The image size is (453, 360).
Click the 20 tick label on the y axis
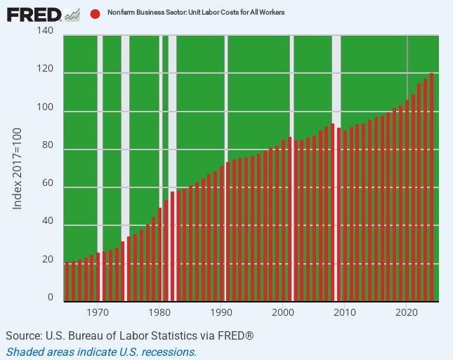[x=47, y=260]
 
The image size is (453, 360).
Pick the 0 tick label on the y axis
[x=50, y=298]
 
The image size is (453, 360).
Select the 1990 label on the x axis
[x=221, y=313]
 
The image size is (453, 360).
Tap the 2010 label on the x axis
[x=345, y=313]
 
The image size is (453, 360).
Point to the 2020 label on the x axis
[x=407, y=313]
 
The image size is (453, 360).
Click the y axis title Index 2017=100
[x=18, y=168]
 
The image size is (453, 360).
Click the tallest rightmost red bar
[x=431, y=186]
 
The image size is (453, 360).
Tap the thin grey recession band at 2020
[x=408, y=63]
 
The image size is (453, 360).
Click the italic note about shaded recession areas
[x=101, y=352]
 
